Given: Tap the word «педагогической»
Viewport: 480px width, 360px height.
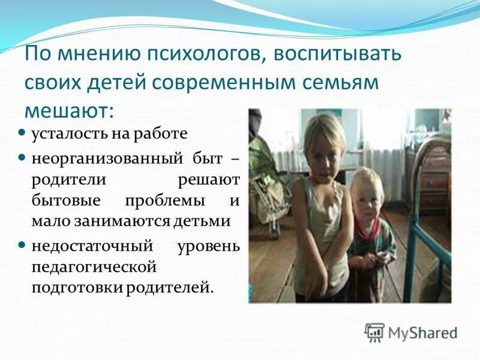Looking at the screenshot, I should click(95, 265).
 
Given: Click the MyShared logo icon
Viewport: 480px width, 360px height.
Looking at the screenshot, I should click(374, 332).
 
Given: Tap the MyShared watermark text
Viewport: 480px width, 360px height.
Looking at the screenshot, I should click(422, 332).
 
